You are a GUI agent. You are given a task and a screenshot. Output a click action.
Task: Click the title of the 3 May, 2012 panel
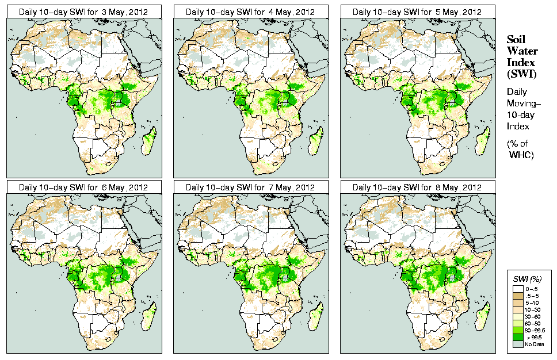pos(83,12)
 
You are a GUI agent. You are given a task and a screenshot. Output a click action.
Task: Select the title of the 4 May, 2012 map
pos(250,12)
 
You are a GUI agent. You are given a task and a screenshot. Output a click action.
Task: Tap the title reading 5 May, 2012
pos(417,12)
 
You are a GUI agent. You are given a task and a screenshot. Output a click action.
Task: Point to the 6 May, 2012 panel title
pos(83,187)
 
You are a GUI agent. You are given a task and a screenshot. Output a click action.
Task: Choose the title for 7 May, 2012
pos(250,187)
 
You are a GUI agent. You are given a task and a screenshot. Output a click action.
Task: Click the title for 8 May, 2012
pos(417,187)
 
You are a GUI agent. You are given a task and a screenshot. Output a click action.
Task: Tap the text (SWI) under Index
pos(521,73)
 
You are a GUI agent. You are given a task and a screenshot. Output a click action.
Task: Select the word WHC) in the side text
pos(522,156)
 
